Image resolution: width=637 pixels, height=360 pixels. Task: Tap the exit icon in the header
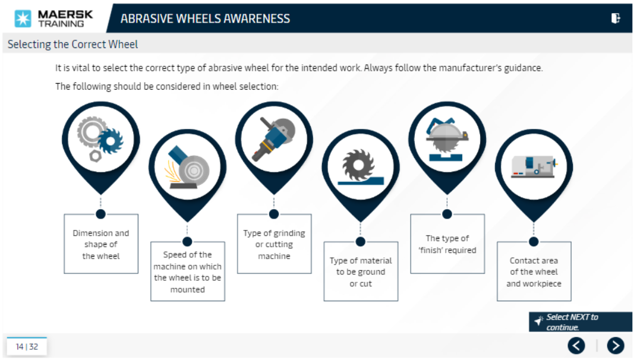(616, 18)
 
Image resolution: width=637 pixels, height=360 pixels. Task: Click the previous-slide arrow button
(576, 345)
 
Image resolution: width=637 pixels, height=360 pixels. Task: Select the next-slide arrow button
(615, 345)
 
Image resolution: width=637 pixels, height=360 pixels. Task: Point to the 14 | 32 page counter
(27, 346)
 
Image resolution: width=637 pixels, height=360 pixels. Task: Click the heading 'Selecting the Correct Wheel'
(72, 45)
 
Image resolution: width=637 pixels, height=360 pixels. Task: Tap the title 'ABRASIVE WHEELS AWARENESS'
(205, 18)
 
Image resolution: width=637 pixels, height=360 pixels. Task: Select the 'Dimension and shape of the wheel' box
(101, 244)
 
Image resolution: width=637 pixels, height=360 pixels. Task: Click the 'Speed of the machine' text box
(187, 271)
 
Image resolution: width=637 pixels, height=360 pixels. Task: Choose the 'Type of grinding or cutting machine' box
(274, 244)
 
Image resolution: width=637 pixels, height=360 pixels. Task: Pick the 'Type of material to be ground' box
(361, 271)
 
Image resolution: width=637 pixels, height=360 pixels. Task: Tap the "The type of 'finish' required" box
(447, 244)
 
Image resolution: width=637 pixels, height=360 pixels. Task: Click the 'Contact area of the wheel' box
(534, 271)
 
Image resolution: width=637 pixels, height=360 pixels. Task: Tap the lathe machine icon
(534, 167)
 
